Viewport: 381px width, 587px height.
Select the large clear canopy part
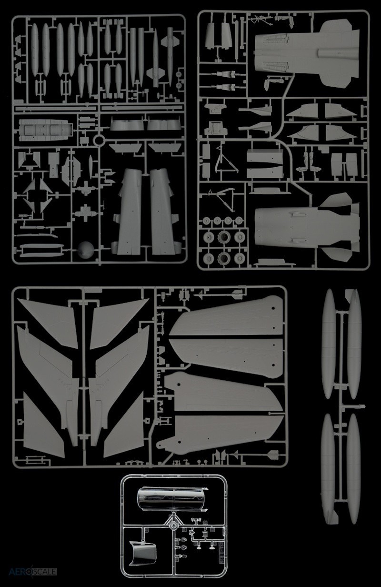pos(172,499)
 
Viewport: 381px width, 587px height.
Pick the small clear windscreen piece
pos(142,552)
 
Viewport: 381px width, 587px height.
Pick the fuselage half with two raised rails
pos(307,227)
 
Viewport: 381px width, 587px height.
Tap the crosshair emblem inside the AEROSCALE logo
pos(32,571)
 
